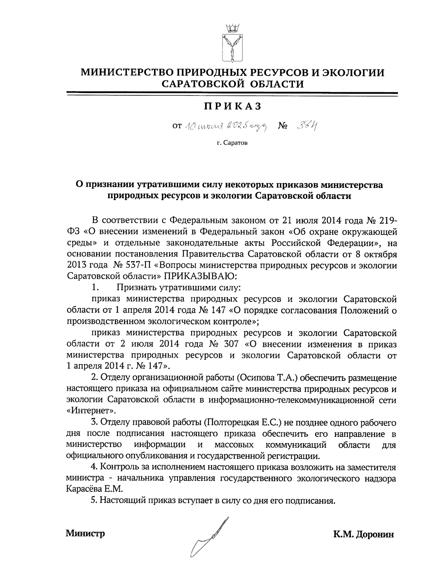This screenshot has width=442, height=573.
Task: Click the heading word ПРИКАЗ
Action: point(232,106)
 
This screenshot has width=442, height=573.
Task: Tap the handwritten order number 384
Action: point(307,126)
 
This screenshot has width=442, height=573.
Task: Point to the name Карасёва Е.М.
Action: point(95,489)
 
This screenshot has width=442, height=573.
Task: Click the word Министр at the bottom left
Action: point(85,533)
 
